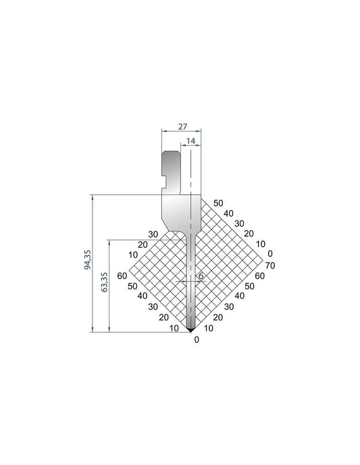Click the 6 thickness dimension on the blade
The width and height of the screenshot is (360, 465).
coord(201,276)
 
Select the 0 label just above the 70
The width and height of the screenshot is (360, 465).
coord(270,254)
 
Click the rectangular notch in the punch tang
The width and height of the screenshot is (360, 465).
coord(165,180)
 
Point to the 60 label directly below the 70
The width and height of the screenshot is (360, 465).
coord(260,275)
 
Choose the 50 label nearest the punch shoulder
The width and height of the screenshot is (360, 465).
coord(217,202)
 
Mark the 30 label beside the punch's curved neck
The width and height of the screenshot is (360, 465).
coord(153,234)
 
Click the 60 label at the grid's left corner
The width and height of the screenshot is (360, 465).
coord(122,275)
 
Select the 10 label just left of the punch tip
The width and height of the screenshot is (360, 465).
coord(174,328)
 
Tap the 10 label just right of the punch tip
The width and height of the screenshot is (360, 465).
coord(208,328)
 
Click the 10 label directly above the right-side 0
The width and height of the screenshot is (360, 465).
coord(260,244)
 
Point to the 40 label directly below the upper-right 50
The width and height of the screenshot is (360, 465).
coord(228,213)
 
